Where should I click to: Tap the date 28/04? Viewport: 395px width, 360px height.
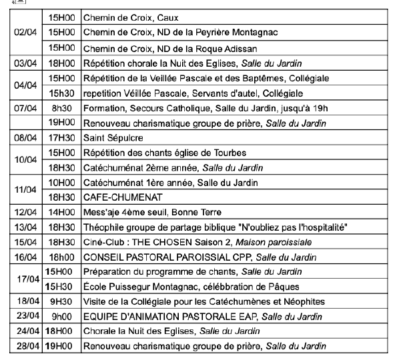(25, 346)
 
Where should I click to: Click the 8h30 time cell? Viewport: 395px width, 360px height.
(61, 108)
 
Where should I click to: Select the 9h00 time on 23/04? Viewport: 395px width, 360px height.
(61, 316)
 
